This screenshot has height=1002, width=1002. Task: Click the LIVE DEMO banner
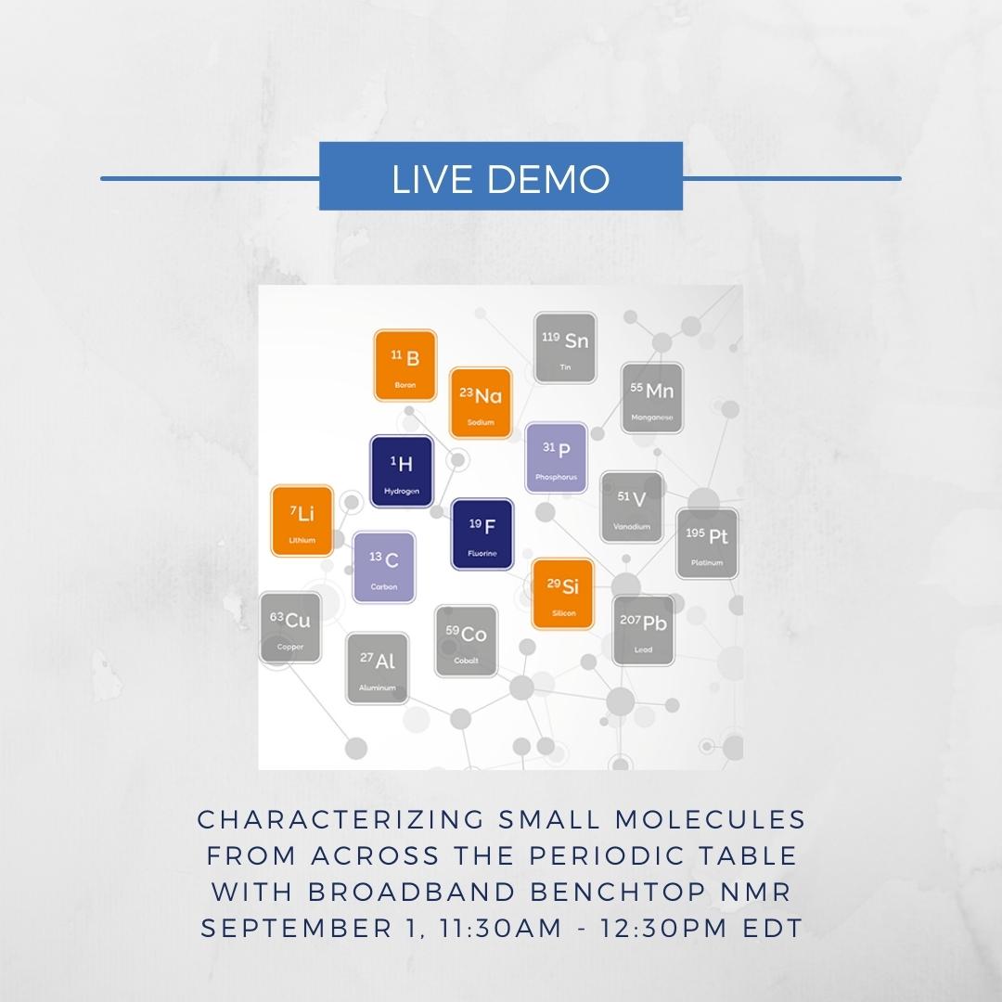(x=501, y=175)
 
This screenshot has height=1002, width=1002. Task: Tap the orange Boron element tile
(x=405, y=366)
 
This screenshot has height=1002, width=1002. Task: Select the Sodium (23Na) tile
(x=481, y=404)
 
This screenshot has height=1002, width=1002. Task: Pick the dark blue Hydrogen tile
(x=402, y=471)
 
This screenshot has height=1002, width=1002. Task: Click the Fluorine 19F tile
(x=482, y=534)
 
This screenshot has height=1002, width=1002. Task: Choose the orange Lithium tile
(x=302, y=520)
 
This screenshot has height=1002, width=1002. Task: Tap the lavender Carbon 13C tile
(x=384, y=568)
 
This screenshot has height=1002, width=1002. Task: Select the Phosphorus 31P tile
(x=556, y=457)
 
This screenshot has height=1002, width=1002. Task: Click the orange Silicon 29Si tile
(x=563, y=595)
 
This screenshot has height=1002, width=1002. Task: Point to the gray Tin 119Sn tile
(x=566, y=348)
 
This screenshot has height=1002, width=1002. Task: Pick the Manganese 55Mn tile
(x=652, y=398)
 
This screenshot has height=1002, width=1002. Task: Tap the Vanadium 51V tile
(x=632, y=507)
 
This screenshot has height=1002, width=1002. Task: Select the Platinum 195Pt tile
(x=707, y=544)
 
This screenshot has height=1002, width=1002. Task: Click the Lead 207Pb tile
(x=644, y=631)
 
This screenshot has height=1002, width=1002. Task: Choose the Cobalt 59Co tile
(x=467, y=641)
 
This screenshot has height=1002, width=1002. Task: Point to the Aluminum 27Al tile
(x=378, y=668)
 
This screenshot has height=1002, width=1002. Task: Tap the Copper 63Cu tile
(x=290, y=627)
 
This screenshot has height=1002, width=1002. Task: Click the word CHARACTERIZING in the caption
(x=341, y=819)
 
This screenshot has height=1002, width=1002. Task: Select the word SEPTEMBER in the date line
(x=297, y=928)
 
